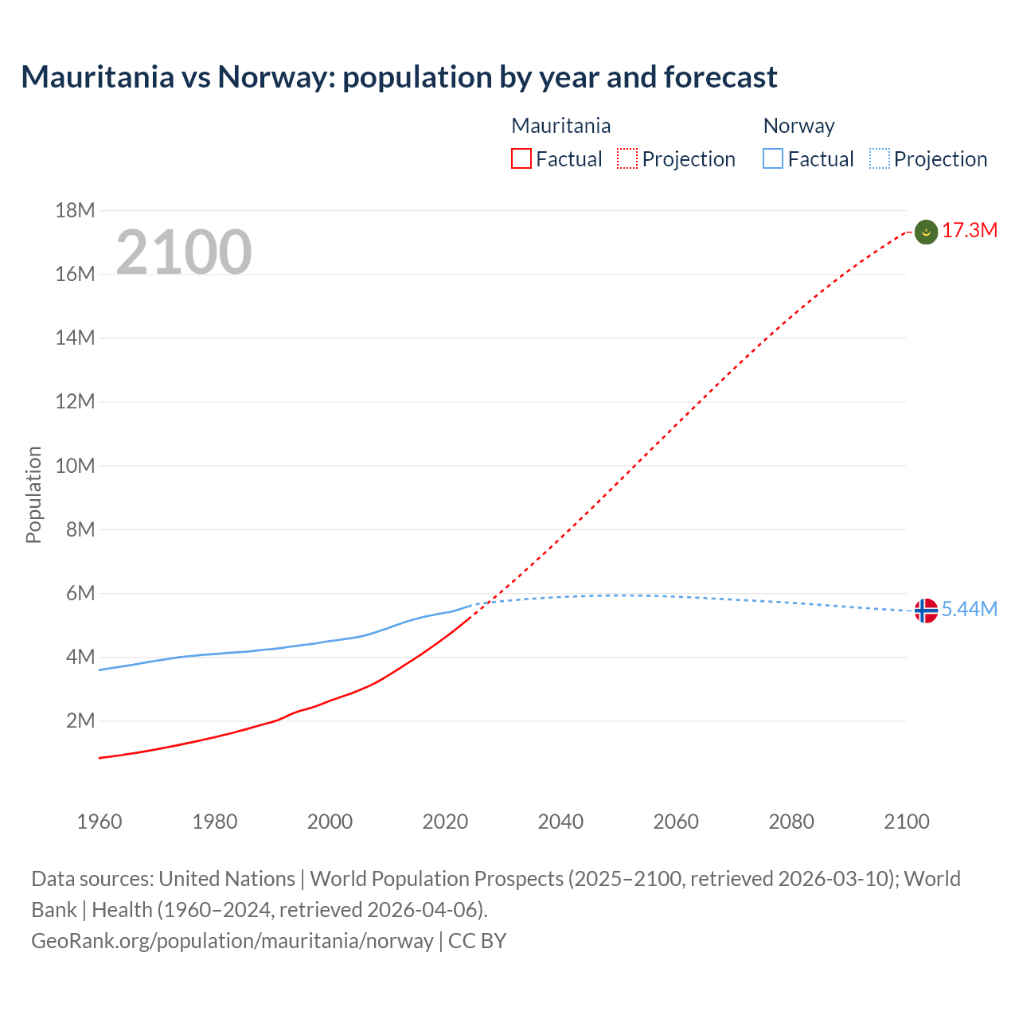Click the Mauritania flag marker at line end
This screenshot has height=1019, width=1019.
pyautogui.click(x=926, y=232)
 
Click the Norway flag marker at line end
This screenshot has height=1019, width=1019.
pyautogui.click(x=926, y=611)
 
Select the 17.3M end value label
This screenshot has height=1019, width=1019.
pyautogui.click(x=970, y=231)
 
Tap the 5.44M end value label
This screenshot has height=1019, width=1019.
pyautogui.click(x=970, y=610)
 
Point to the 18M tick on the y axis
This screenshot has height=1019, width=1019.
pyautogui.click(x=75, y=210)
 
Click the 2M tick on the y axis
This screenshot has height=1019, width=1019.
pyautogui.click(x=80, y=721)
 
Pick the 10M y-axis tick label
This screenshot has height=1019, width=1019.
pyautogui.click(x=75, y=466)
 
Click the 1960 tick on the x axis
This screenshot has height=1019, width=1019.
pyautogui.click(x=100, y=822)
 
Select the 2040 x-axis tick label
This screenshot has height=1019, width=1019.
pyautogui.click(x=560, y=822)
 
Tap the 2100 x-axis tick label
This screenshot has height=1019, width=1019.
pyautogui.click(x=906, y=822)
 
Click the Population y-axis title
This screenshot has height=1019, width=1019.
pyautogui.click(x=33, y=495)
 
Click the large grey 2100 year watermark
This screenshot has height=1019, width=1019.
pyautogui.click(x=184, y=252)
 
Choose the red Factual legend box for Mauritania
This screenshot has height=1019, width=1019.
pyautogui.click(x=521, y=159)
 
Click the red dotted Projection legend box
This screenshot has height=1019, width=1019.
pyautogui.click(x=627, y=159)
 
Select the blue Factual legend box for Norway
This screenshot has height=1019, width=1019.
pyautogui.click(x=772, y=159)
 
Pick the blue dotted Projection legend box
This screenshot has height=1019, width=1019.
pyautogui.click(x=879, y=159)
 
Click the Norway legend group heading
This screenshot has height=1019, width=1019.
pyautogui.click(x=798, y=126)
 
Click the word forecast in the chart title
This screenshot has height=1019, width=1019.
pyautogui.click(x=720, y=77)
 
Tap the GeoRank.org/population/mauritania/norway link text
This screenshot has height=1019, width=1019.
pyautogui.click(x=232, y=941)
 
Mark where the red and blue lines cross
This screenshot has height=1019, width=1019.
pyautogui.click(x=488, y=602)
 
